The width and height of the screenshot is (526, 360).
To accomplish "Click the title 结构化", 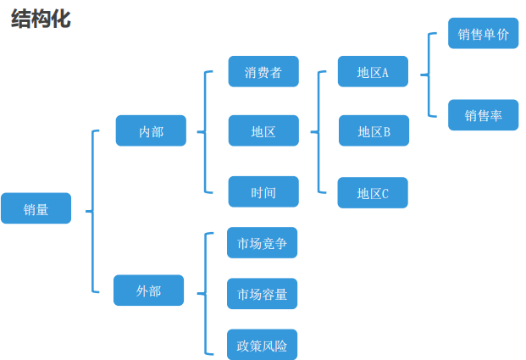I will pos(40,19).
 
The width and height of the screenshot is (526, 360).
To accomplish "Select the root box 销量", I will pos(36,208).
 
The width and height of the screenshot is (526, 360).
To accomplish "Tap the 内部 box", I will pos(151,131).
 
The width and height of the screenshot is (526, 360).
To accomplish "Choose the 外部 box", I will pos(148,291).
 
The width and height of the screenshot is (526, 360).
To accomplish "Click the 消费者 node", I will pos(263,72).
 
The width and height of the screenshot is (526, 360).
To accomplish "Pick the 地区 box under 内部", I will pos(263,131).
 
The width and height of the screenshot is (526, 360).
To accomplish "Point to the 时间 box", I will pos(263,192).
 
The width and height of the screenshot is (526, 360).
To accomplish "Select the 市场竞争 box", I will pos(262,243).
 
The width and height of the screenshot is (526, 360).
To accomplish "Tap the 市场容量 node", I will pos(262,294).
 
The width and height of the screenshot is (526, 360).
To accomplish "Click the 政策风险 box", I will pos(262,345).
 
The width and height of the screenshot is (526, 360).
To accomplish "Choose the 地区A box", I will pos(373,72).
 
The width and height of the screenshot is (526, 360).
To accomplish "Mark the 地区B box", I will pos(374,131).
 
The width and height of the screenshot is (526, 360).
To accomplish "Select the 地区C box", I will pos(373,193).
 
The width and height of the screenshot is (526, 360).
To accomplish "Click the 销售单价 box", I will pos(483,34).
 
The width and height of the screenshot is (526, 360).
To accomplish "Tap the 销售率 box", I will pos(483,115).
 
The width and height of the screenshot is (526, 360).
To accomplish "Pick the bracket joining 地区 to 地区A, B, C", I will pos(318,132).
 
